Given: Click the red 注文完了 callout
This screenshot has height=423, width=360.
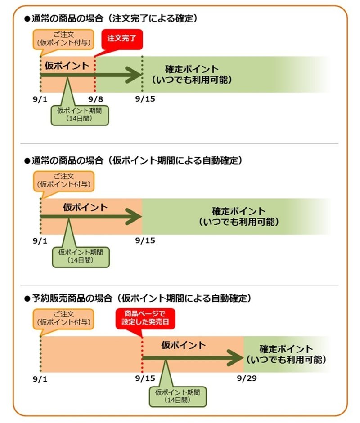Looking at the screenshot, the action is pos(121,39).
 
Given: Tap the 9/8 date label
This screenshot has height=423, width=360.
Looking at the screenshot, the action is pos(95,99).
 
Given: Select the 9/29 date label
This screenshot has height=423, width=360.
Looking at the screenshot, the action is pos(247,378).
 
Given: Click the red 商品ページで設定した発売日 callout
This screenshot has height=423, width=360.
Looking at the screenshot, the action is pos(145,319).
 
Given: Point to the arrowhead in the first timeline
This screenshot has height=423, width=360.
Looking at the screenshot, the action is pos(135,75).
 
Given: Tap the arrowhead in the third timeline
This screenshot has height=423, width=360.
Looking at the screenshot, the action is pos(235,358).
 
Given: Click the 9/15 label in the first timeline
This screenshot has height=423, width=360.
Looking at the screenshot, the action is pos(145,99).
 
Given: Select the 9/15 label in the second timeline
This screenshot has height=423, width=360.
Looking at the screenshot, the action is pos(145,240).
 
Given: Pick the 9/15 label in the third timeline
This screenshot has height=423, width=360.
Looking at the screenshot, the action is pos(145,378).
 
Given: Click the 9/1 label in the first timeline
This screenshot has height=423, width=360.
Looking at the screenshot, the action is pos(40,99).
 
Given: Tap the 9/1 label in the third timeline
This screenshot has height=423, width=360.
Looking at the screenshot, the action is pos(40,379).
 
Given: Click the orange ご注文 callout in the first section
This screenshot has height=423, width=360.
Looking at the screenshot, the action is pos(64,40).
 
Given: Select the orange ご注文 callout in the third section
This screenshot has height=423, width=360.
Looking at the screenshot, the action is pos(64,319).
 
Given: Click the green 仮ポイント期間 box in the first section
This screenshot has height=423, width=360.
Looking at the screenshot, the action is pos(80,115).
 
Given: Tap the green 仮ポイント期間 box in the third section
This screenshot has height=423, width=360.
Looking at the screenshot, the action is pos(178,396).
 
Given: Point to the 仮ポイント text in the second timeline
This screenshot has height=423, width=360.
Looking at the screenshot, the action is pos(85,207).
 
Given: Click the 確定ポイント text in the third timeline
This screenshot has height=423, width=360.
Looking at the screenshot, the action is pos(286,349).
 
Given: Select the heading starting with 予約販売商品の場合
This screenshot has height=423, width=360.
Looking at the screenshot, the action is pos(138,298).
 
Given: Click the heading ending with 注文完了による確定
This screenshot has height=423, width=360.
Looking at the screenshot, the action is pos(111,18).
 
